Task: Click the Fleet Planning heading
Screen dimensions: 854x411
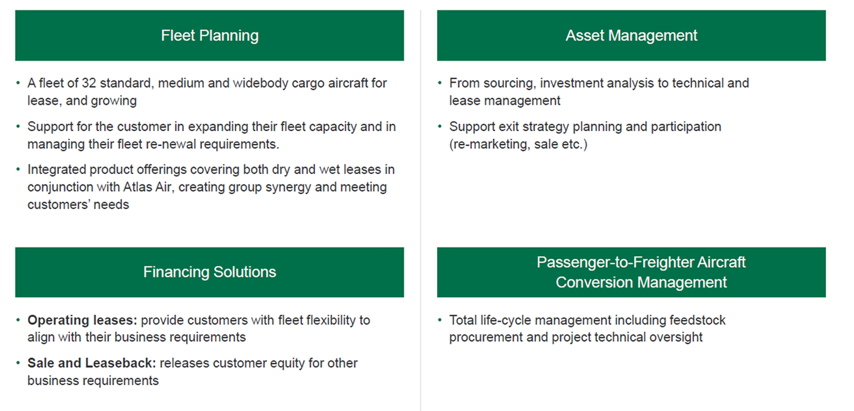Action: (x=210, y=36)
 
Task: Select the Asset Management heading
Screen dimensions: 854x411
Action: (x=631, y=36)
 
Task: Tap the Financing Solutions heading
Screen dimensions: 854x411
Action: (x=210, y=272)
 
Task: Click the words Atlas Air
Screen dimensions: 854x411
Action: (x=147, y=187)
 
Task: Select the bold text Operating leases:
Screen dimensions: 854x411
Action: (x=82, y=320)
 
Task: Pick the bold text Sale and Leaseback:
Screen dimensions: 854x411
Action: (x=92, y=363)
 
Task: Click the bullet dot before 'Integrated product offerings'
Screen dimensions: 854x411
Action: (x=18, y=169)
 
